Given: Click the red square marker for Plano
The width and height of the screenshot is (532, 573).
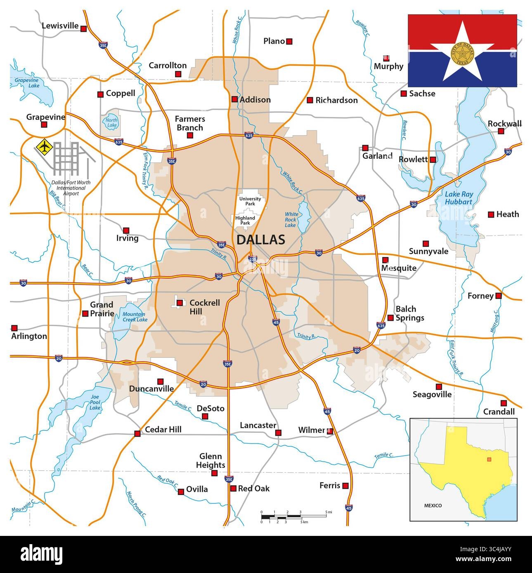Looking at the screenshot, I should point(289,41).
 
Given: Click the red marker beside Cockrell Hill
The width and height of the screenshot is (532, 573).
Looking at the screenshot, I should point(180,303).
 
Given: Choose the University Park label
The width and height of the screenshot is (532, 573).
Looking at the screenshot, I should point(250,201).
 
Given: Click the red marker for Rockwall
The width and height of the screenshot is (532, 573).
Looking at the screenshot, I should point(501,131).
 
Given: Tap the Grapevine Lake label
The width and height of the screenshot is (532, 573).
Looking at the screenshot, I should point(26,83).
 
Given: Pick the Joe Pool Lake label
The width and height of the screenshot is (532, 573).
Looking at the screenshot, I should point(95,402).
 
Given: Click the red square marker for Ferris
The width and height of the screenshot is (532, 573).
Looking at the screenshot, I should point(345,486).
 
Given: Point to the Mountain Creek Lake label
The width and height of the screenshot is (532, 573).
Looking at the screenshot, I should point(135,317).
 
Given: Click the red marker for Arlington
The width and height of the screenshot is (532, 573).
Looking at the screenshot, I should point(14,328).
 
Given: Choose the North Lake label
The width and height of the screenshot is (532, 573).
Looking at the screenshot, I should point(111,123).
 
